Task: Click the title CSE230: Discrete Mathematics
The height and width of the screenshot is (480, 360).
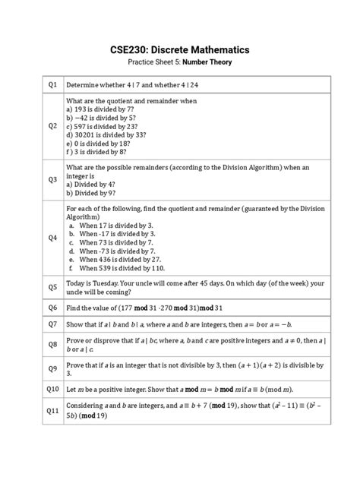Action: (180, 49)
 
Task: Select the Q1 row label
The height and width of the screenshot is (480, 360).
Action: (52, 84)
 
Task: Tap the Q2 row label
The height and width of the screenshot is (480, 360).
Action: (52, 125)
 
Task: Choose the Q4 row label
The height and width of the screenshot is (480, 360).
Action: (52, 237)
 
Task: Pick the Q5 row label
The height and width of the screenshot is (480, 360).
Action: (52, 287)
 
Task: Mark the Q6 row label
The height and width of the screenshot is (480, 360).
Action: (52, 308)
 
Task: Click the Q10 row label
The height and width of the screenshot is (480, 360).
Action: (52, 390)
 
